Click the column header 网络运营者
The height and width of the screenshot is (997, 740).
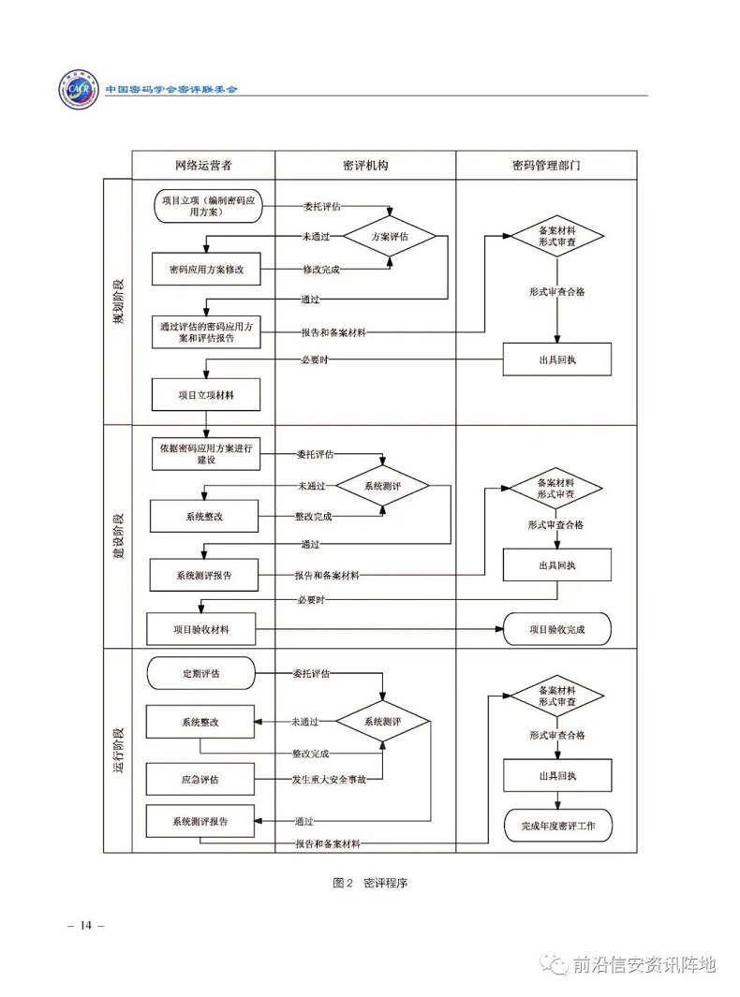click(x=202, y=165)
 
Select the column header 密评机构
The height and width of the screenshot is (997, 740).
click(x=365, y=165)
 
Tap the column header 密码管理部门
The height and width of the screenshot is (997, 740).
click(x=545, y=165)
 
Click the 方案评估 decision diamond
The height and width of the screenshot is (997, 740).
click(x=390, y=237)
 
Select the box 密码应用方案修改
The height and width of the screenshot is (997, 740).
click(x=206, y=270)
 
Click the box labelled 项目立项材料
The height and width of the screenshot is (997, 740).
click(x=206, y=395)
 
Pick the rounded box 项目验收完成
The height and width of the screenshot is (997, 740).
click(x=556, y=629)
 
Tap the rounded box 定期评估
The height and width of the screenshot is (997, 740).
click(x=200, y=673)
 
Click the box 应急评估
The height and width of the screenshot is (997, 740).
click(x=200, y=779)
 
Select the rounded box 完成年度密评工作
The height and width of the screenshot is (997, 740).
click(x=557, y=826)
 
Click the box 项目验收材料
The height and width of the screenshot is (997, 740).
click(x=200, y=629)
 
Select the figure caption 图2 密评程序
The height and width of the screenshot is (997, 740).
click(x=369, y=883)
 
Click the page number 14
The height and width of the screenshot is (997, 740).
click(x=85, y=926)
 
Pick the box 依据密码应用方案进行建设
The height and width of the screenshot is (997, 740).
click(x=206, y=453)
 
